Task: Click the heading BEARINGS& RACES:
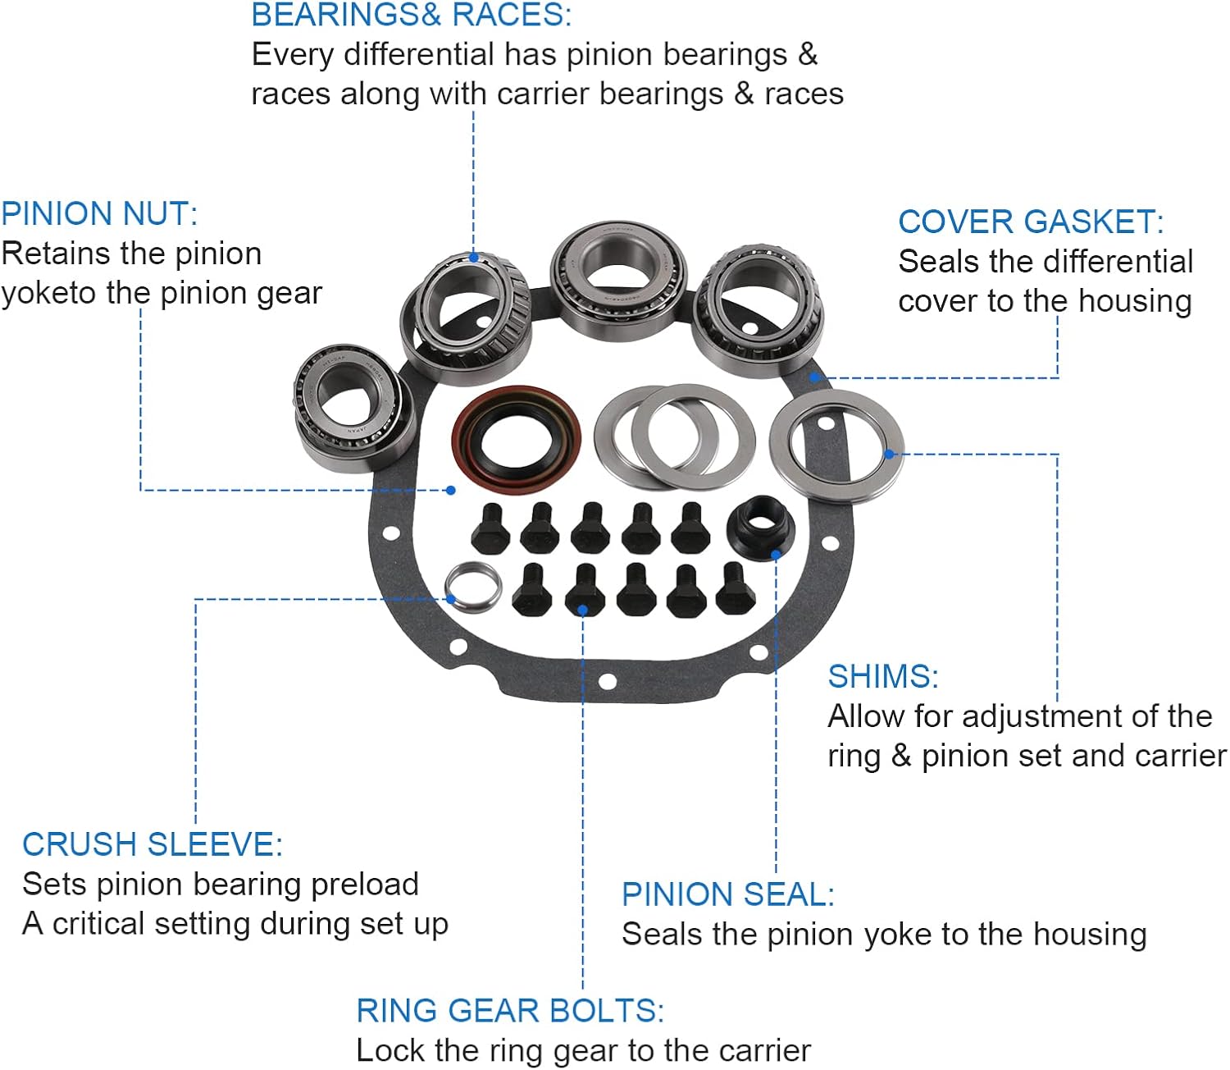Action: [412, 15]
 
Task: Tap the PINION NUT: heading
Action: [99, 214]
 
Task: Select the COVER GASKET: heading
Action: [1031, 222]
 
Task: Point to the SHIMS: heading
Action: [883, 677]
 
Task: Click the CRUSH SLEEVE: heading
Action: [153, 844]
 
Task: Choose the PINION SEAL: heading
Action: [728, 894]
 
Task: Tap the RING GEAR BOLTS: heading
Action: [510, 1011]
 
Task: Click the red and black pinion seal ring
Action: [516, 440]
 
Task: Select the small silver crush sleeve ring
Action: [473, 586]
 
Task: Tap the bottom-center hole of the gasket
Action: [607, 681]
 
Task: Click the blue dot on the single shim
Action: [889, 454]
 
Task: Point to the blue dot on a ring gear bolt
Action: [582, 610]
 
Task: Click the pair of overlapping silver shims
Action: [674, 437]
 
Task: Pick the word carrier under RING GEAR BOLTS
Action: [755, 1051]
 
